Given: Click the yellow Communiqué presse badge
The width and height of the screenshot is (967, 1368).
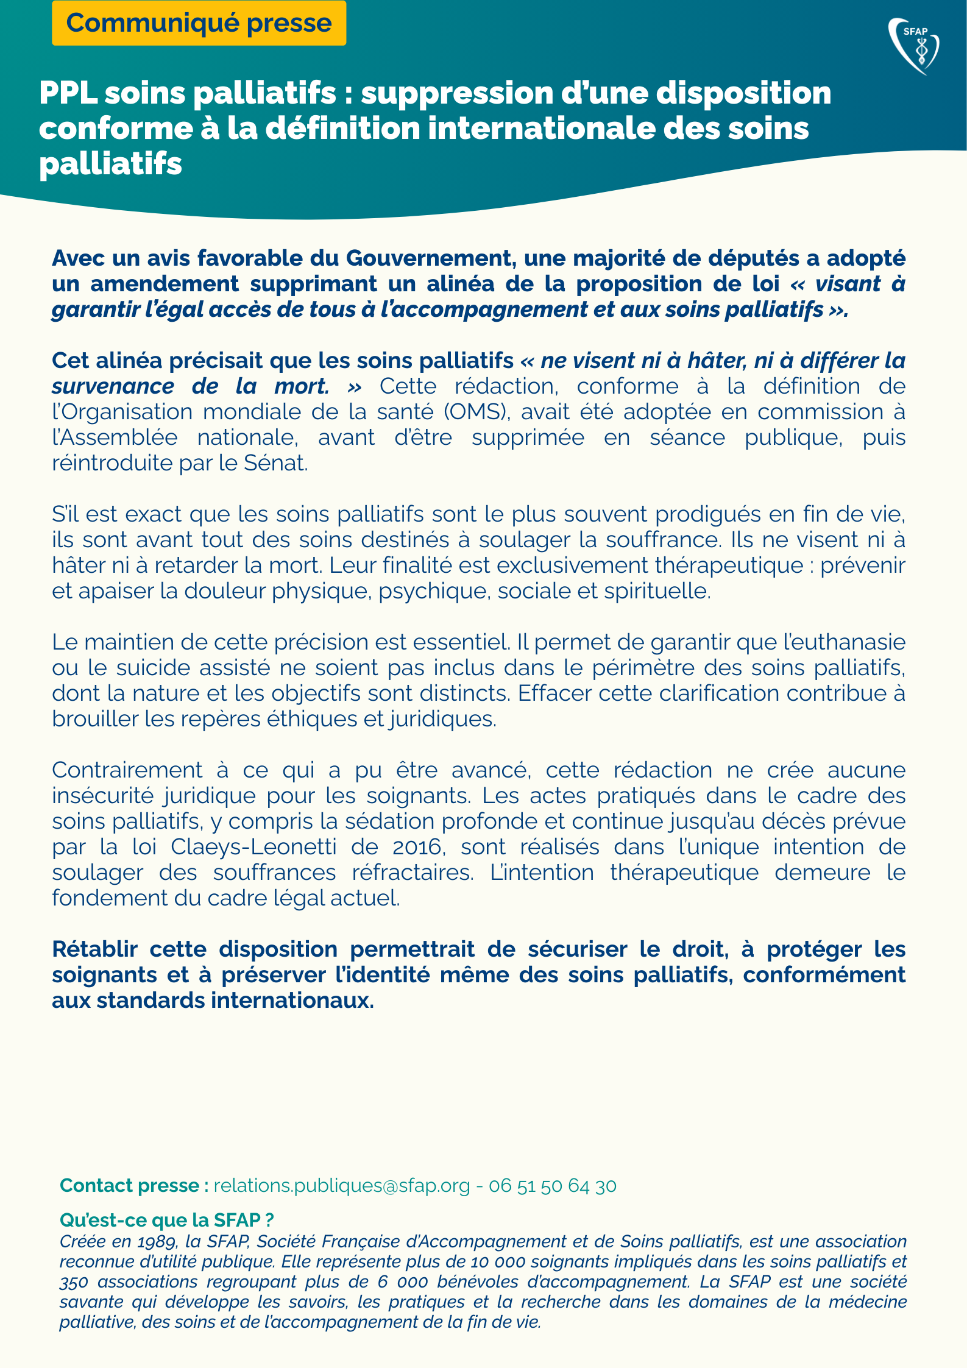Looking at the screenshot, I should point(199,23).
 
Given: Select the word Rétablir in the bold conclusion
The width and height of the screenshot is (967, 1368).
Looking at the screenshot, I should point(94,949).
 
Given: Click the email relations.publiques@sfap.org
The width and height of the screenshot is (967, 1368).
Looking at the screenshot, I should point(342,1185).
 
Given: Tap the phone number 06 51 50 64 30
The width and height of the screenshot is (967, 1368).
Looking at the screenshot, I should point(553,1185).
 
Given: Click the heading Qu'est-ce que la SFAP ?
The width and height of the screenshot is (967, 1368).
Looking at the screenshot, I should point(166,1220).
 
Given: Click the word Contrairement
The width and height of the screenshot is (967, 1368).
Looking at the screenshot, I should point(127,770).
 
